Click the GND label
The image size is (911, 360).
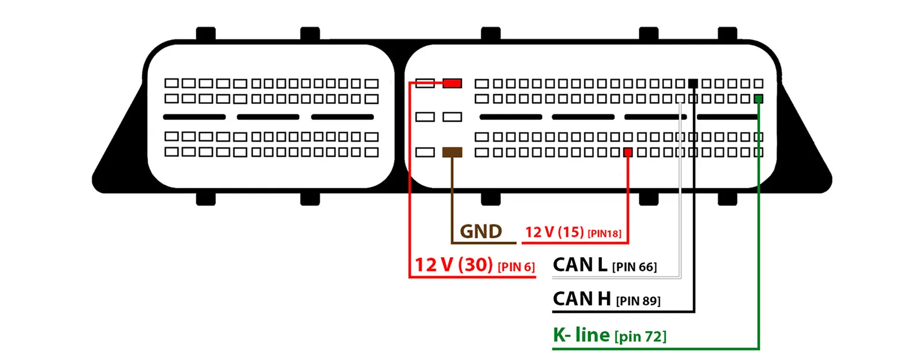coord(481,231)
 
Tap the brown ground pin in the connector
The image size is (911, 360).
coord(452,152)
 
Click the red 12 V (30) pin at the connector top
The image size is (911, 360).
coord(452,83)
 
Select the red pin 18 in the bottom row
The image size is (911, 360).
coord(628,152)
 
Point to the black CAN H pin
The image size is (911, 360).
coord(693,83)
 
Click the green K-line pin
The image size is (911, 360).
coord(758,99)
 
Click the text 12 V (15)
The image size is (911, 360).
coord(554,232)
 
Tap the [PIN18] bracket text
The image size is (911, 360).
coord(604,234)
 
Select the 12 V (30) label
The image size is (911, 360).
coord(454,265)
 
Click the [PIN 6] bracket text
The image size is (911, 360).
coord(516,267)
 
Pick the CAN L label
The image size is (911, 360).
coord(580,265)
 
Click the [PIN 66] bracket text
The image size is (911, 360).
coord(634,267)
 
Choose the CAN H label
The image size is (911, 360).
coord(581,299)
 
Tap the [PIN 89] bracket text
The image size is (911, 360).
coord(638,301)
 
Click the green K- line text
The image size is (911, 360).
coord(581,335)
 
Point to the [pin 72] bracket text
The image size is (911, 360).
coord(640,336)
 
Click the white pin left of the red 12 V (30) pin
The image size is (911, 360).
coord(424,83)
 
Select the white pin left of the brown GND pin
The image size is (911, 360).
coord(424,152)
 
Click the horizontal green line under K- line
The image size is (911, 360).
coord(655,349)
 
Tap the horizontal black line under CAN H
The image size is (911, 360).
coord(623,312)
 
